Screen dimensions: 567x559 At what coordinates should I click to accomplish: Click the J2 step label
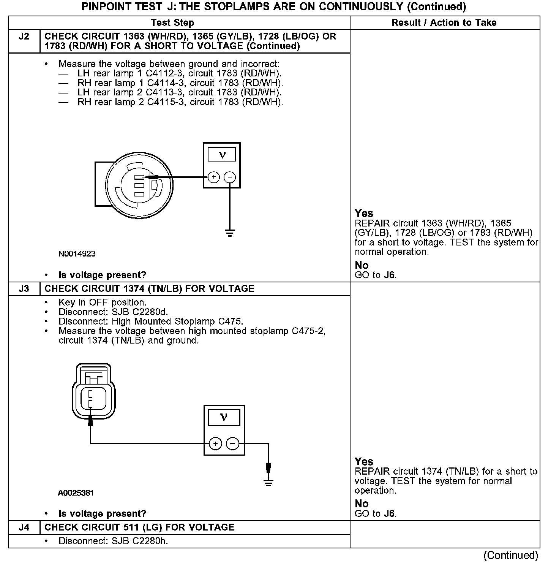pos(24,37)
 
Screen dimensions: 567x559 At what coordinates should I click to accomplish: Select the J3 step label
pos(24,289)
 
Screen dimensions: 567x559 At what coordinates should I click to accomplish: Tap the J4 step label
pos(24,527)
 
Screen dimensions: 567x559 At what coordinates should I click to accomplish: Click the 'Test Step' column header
pos(172,23)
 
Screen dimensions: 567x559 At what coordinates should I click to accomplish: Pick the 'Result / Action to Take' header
pos(444,23)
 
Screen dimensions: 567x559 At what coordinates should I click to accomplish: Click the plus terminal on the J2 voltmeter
pos(214,177)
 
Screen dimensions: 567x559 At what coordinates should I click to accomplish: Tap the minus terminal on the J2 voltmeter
pos(230,177)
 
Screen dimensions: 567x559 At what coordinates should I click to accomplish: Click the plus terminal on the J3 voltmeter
pos(215,443)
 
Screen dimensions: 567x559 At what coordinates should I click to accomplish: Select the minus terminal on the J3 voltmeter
pos(233,443)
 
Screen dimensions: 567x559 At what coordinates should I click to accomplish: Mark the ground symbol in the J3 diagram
pos(268,483)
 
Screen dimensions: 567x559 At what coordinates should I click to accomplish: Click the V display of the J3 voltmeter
pos(224,417)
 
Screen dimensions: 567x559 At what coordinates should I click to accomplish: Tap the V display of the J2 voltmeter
pos(222,155)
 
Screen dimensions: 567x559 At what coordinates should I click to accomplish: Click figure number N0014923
pos(77,254)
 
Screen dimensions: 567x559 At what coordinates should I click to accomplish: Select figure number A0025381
pos(76,493)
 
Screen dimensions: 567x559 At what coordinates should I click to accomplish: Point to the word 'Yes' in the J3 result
pos(364,461)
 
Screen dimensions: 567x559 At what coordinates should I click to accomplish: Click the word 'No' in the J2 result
pos(362,265)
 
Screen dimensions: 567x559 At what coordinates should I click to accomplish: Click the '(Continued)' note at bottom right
pos(511,556)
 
